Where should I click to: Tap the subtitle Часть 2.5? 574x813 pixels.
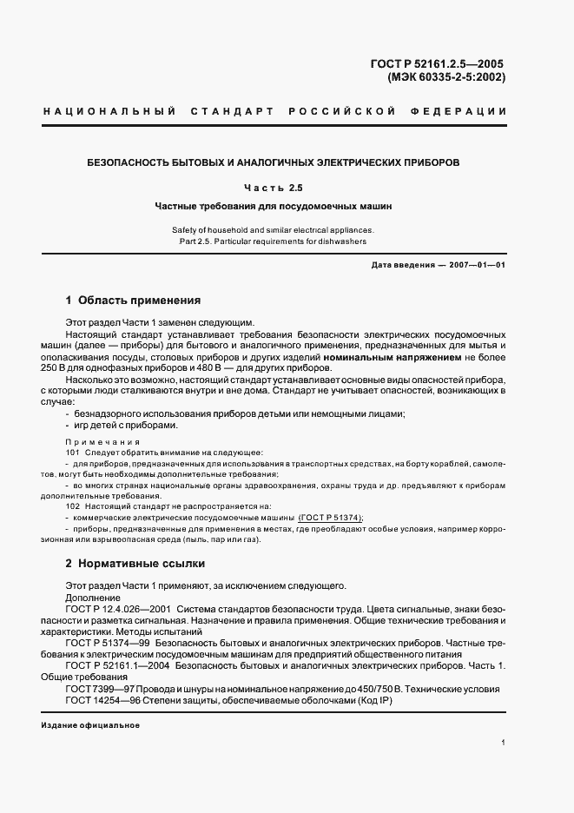tap(274, 188)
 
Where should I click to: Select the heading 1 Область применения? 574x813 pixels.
tap(133, 301)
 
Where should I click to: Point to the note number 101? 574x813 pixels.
tap(73, 453)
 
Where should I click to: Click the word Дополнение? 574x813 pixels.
tap(93, 598)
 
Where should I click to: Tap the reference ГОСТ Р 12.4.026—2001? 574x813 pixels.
tap(118, 610)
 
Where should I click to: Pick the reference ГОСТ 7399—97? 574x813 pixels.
tap(98, 689)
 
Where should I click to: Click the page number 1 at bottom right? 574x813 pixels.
tap(504, 744)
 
